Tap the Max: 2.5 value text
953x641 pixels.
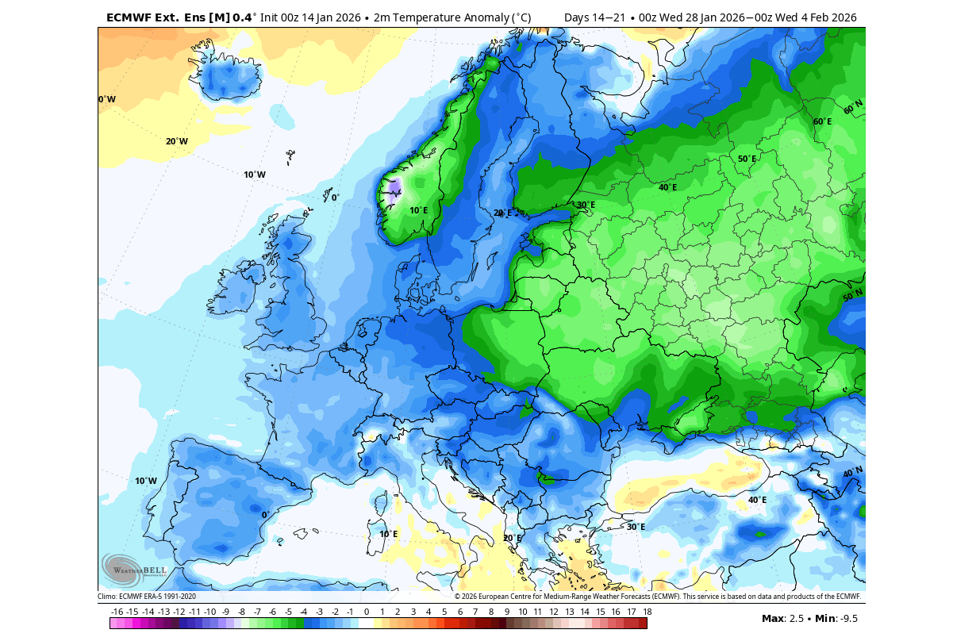pyautogui.click(x=781, y=618)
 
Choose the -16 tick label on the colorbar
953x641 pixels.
pyautogui.click(x=117, y=612)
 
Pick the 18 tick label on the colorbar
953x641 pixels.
pyautogui.click(x=647, y=612)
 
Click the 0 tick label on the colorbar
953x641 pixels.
pyautogui.click(x=367, y=612)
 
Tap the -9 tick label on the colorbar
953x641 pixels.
pyautogui.click(x=226, y=612)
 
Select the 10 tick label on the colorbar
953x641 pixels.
pyautogui.click(x=522, y=612)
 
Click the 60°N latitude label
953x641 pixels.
pyautogui.click(x=853, y=108)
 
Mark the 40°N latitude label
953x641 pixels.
pyautogui.click(x=852, y=473)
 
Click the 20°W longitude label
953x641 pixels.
pyautogui.click(x=177, y=141)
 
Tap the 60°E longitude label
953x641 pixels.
pyautogui.click(x=822, y=121)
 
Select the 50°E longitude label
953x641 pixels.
pyautogui.click(x=747, y=159)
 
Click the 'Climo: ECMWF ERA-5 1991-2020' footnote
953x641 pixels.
pyautogui.click(x=147, y=597)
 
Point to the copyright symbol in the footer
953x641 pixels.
pyautogui.click(x=458, y=597)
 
